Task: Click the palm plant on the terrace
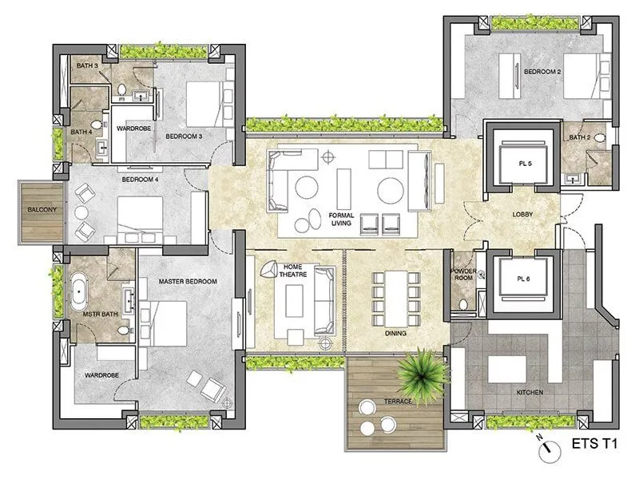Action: pyautogui.click(x=416, y=370)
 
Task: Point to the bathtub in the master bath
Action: pyautogui.click(x=81, y=292)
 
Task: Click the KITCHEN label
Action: pyautogui.click(x=530, y=393)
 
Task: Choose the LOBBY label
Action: pyautogui.click(x=523, y=214)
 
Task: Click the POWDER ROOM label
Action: pyautogui.click(x=464, y=275)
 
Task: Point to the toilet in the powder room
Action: pyautogui.click(x=462, y=304)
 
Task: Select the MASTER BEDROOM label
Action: pyautogui.click(x=189, y=280)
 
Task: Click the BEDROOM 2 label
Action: pyautogui.click(x=542, y=72)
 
